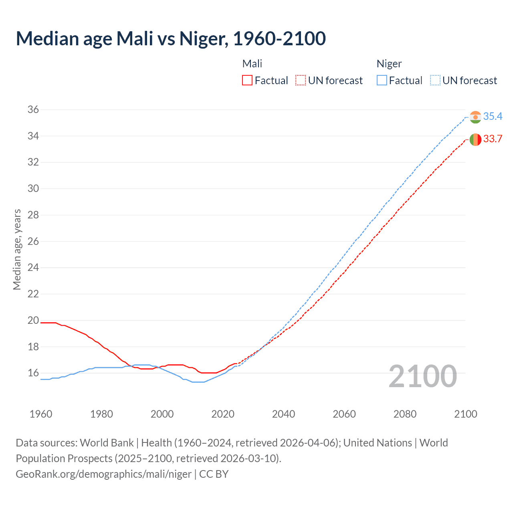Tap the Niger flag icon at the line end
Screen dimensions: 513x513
[x=475, y=117]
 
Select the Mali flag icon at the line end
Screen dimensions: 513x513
[x=475, y=139]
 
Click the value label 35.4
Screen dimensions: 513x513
[x=493, y=117]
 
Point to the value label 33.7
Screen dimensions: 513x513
[x=493, y=139]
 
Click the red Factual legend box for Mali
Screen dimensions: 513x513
[x=247, y=81]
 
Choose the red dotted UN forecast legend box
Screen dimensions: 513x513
[x=301, y=81]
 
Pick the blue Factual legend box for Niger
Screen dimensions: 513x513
[x=382, y=81]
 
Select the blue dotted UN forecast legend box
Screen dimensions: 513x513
[x=435, y=81]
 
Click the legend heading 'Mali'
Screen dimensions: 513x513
[x=252, y=64]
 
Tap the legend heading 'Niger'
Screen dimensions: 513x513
[x=389, y=64]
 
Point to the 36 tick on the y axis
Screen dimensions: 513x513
[x=33, y=109]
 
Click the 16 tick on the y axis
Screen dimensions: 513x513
[x=33, y=373]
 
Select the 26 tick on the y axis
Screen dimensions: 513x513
[x=33, y=241]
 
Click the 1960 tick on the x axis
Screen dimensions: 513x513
[x=41, y=414]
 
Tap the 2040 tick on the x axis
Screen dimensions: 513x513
[x=283, y=414]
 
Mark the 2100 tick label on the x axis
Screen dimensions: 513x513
[x=465, y=414]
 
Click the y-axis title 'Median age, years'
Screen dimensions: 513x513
[x=17, y=249]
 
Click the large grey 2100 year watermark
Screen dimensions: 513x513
[x=422, y=376]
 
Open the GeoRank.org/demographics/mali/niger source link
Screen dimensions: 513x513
[x=104, y=474]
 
